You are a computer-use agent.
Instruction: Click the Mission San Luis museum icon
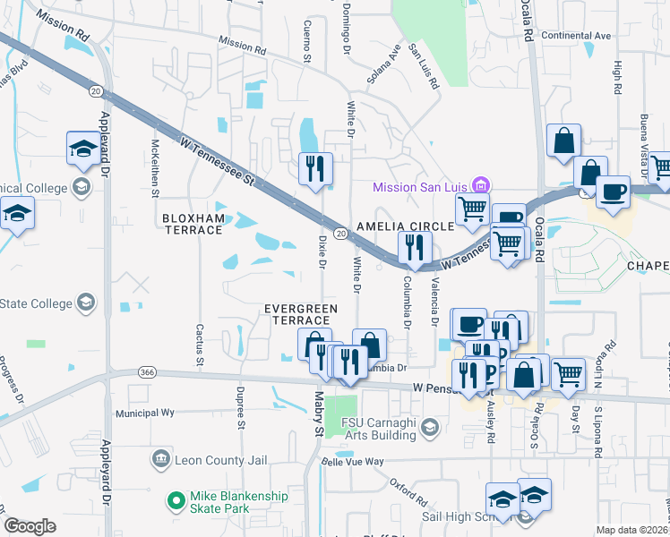tap(482, 186)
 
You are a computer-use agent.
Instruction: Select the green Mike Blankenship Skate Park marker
tap(176, 497)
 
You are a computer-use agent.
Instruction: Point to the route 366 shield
tap(147, 372)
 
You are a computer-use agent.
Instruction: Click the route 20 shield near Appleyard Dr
tap(95, 90)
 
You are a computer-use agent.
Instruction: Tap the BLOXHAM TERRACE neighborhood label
tap(192, 224)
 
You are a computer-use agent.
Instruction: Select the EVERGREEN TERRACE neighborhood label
tap(300, 314)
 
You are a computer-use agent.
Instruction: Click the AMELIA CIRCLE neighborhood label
tap(407, 226)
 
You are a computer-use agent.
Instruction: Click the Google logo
tap(30, 526)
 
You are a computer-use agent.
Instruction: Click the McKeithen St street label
tap(156, 167)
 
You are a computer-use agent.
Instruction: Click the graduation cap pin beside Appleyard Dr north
tap(82, 148)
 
